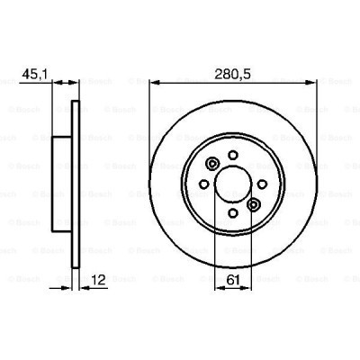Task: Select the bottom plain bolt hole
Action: tap(233, 213)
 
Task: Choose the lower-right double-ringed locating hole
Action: tap(254, 205)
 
